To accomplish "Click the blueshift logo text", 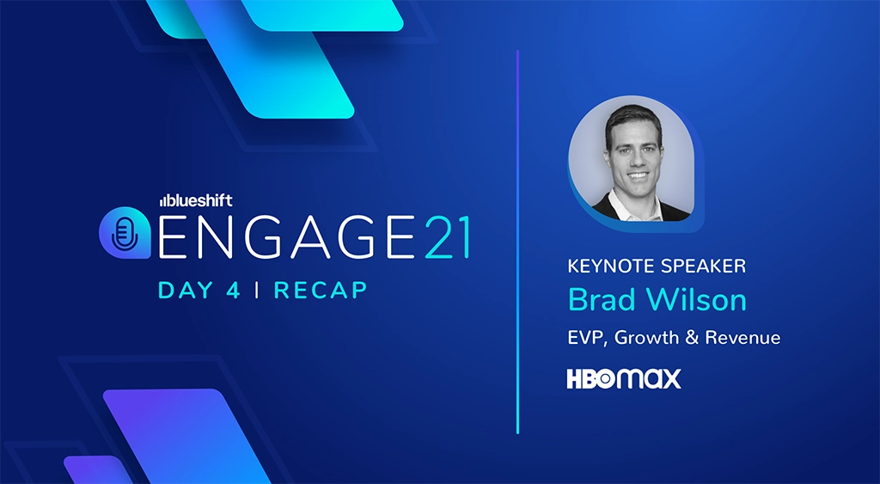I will coord(194,199).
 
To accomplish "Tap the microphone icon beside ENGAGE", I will coord(125,231).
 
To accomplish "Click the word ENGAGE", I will coord(273,236).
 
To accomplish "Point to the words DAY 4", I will coord(199,290).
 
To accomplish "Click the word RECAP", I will coord(321,290).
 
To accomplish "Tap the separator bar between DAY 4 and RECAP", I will coord(257,290).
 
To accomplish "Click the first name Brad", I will coord(602,301).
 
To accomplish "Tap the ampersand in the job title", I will coord(693,338).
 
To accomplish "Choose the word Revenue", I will coord(742,338).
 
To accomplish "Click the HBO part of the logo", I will coord(590,379).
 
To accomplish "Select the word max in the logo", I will coord(648,379).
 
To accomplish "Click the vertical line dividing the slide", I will coord(518,242).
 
